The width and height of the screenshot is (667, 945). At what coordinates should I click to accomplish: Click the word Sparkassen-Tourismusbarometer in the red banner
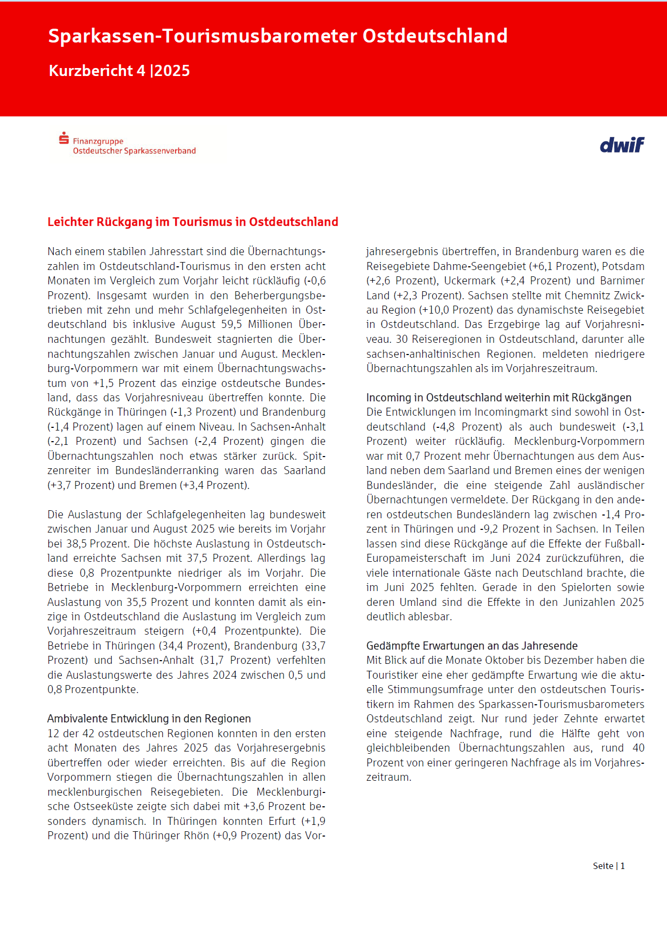[x=203, y=36]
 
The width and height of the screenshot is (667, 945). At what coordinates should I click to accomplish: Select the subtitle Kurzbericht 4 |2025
[x=119, y=71]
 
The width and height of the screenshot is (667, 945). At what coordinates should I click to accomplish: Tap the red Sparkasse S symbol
[x=64, y=138]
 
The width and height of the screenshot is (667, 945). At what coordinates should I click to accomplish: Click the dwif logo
[x=622, y=145]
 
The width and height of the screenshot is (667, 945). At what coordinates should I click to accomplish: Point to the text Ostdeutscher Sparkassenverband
[x=134, y=151]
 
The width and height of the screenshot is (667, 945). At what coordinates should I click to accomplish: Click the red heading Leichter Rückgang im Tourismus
[x=193, y=222]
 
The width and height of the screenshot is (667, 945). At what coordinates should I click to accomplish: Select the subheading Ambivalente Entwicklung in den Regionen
[x=149, y=719]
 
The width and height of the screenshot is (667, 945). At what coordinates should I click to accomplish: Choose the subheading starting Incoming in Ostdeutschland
[x=498, y=398]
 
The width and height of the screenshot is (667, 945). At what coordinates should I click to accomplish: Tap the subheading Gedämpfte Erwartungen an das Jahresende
[x=472, y=646]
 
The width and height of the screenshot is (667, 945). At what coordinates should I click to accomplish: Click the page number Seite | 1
[x=608, y=866]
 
